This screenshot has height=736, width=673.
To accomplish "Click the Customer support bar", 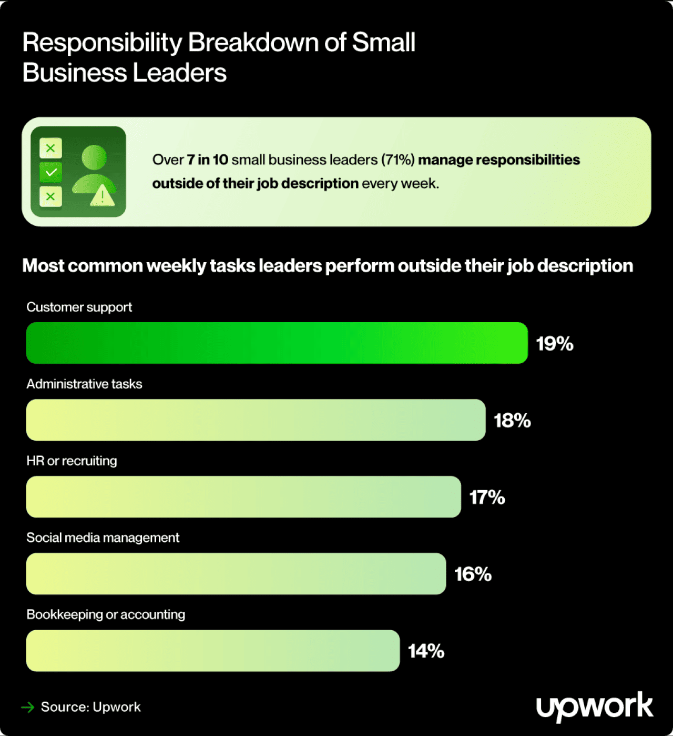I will click(x=277, y=343).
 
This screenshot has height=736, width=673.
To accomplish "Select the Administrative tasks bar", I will click(x=256, y=420).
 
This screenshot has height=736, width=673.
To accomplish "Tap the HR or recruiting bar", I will click(x=243, y=497).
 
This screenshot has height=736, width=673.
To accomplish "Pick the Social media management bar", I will click(x=236, y=574).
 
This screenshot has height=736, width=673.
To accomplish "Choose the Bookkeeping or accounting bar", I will click(x=213, y=651).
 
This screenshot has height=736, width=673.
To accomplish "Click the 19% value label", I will click(x=555, y=344).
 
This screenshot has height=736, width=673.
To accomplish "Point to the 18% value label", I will click(x=512, y=421).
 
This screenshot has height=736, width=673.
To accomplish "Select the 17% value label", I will click(x=487, y=498).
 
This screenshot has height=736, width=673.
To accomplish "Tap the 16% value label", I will click(x=473, y=574).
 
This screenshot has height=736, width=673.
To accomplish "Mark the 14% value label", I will click(x=426, y=651).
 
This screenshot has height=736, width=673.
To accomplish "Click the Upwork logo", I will click(x=594, y=707).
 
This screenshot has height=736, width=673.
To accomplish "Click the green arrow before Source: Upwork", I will click(x=27, y=707).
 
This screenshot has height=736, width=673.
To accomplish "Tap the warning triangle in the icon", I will click(x=102, y=196).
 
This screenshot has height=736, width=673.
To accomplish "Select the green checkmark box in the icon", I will click(x=51, y=172).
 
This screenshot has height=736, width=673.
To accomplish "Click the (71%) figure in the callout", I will click(x=398, y=160).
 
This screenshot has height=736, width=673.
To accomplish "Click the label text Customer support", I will click(x=79, y=307).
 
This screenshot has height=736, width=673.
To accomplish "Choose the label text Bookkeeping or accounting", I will click(x=106, y=615).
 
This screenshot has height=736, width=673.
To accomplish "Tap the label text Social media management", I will click(x=103, y=538).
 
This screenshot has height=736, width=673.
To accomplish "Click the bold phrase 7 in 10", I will click(x=207, y=160).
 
